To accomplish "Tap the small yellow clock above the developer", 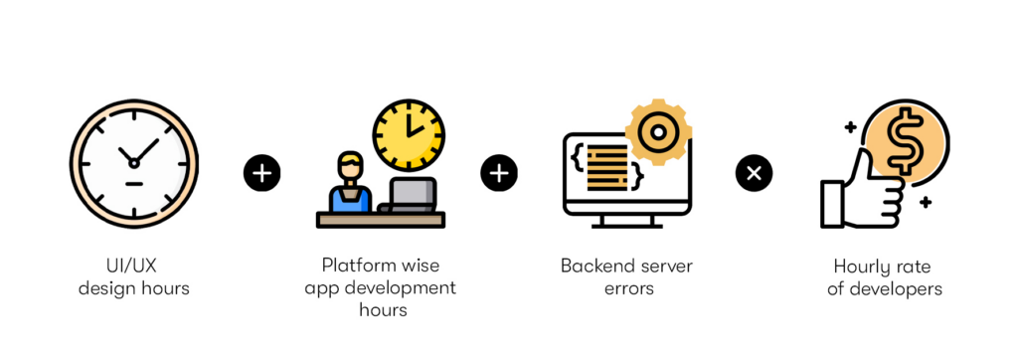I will (409, 134).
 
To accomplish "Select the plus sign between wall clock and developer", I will (261, 174).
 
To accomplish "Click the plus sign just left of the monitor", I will (499, 174).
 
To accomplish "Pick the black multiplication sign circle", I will (754, 174).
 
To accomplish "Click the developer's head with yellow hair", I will (349, 165).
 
